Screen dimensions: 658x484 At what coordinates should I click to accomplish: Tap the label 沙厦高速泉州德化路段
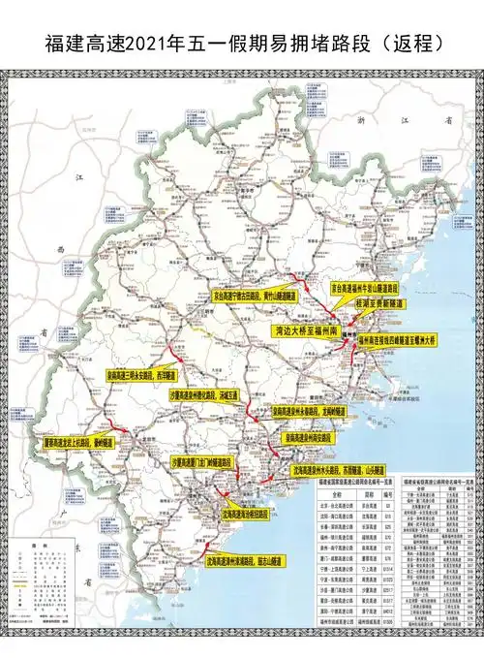204,395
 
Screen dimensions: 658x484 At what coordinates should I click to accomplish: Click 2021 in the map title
170,44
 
